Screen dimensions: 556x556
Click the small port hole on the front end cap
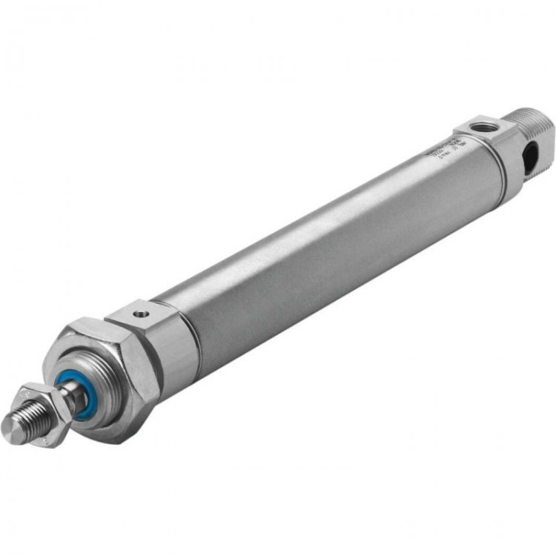point(141,314)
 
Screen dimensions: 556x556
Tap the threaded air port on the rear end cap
point(485,128)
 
